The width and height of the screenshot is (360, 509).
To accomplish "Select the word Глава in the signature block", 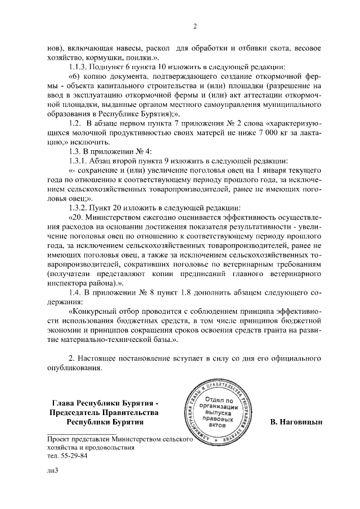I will coord(62,402).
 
